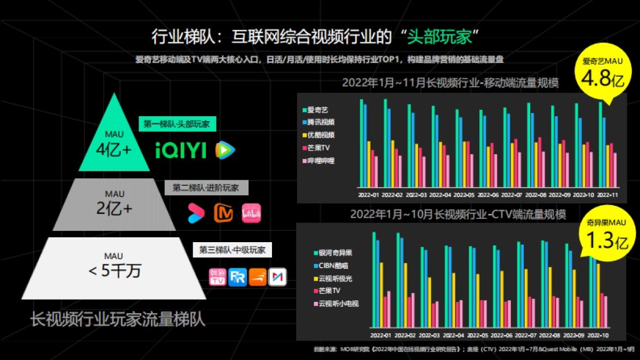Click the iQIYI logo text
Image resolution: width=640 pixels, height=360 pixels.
(x=181, y=151)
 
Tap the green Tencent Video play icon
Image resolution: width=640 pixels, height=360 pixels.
(x=225, y=151)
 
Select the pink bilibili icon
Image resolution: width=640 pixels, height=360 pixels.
(x=251, y=213)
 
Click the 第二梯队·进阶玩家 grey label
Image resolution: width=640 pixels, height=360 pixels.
(x=206, y=188)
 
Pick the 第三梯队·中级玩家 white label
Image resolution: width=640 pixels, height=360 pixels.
(x=232, y=250)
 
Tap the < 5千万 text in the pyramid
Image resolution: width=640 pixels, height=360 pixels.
(x=115, y=270)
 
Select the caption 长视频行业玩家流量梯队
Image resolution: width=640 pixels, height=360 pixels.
(x=117, y=319)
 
